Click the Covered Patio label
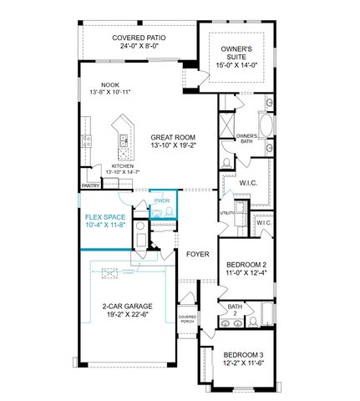pos(136,38)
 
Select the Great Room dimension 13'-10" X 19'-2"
pos(174,146)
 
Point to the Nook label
pos(110,84)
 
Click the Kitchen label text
pos(123,165)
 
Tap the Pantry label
pos(91,186)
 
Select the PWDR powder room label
pos(161,200)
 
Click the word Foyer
pos(197,253)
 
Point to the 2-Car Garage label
pos(127,306)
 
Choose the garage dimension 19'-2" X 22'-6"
pos(127,316)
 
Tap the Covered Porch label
pos(187,318)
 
